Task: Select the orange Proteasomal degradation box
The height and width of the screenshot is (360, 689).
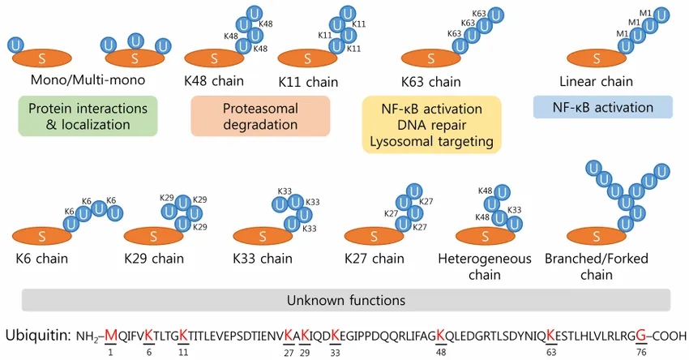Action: (260, 117)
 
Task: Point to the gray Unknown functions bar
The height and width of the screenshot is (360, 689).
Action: (346, 300)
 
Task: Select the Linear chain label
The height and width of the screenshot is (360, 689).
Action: (596, 81)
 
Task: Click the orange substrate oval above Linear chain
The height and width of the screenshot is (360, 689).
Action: (596, 58)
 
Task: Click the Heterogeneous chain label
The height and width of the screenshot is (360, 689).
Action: (484, 267)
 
